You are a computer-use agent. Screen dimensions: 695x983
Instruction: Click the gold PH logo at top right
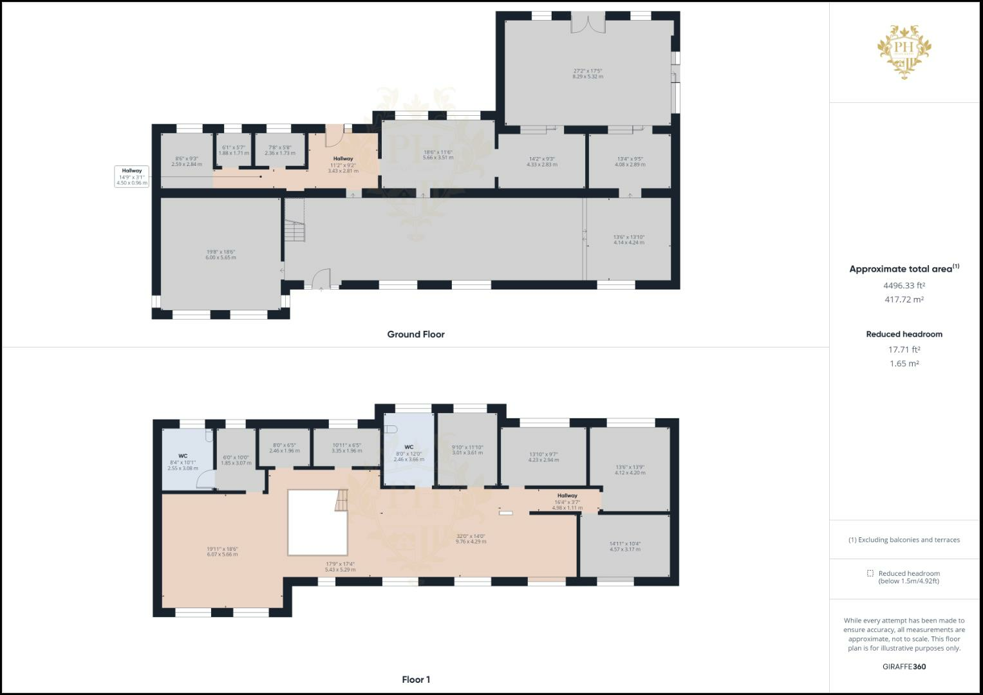[x=904, y=51]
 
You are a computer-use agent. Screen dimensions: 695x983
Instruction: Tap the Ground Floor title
[x=415, y=334]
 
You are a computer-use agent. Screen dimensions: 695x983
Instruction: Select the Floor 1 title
[x=416, y=680]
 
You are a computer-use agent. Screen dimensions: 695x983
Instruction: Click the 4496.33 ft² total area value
[x=904, y=285]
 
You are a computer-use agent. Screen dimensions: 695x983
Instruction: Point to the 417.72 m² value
[x=904, y=299]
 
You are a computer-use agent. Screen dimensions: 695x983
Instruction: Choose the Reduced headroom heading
[x=904, y=334]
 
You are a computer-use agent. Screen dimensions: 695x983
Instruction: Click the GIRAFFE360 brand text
[x=904, y=667]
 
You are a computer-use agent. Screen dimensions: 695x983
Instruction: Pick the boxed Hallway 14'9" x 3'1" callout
[x=132, y=176]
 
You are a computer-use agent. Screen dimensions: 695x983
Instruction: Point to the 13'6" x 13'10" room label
[x=628, y=239]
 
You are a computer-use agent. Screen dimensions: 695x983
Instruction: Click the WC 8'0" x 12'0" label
[x=409, y=453]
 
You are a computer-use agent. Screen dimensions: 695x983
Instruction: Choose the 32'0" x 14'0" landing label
[x=471, y=539]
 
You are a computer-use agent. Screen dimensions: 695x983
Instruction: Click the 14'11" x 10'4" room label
[x=624, y=546]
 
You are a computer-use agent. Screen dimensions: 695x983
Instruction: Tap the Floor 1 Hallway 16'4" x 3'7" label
[x=567, y=501]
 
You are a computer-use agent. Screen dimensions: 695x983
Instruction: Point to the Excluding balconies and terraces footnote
[x=904, y=540]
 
